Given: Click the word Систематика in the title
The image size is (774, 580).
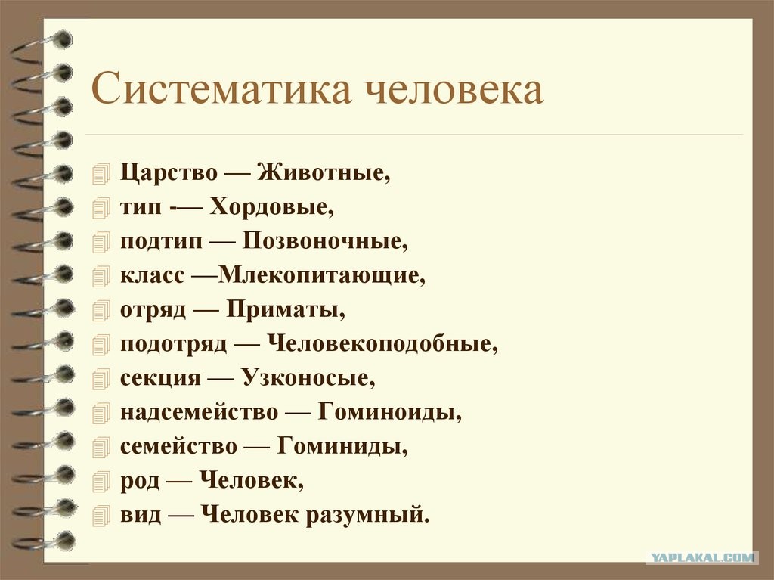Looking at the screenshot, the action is click(x=221, y=89).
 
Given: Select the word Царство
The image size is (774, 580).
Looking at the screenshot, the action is click(x=169, y=173).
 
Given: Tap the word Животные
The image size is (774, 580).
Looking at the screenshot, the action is click(x=324, y=172).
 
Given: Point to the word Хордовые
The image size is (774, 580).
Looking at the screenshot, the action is click(x=272, y=206).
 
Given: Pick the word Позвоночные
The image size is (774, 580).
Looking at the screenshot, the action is click(x=325, y=240).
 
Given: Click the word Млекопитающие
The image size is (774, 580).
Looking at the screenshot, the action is click(x=321, y=275).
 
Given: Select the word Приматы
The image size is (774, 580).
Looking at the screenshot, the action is click(x=286, y=310).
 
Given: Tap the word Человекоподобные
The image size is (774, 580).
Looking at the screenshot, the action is click(x=382, y=343).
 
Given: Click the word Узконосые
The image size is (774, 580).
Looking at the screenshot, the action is click(x=308, y=378).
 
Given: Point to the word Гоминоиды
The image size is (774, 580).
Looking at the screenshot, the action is click(x=390, y=412).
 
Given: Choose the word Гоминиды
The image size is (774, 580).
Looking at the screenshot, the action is click(x=342, y=446).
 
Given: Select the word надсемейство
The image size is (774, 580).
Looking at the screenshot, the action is click(x=200, y=413).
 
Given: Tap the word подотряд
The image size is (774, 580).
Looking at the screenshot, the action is click(x=174, y=344).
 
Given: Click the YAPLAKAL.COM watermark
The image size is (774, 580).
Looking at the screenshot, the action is click(x=702, y=558).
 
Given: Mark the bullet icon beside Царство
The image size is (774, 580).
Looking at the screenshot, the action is click(x=101, y=175).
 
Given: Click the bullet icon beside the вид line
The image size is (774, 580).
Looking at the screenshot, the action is click(x=101, y=516).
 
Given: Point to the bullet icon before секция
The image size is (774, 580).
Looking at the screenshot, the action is click(x=101, y=379).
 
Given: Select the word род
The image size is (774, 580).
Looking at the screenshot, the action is click(x=140, y=481).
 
